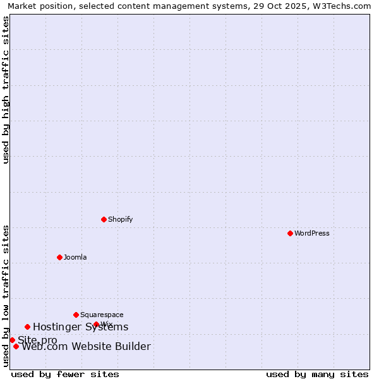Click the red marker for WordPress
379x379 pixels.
[x=290, y=233]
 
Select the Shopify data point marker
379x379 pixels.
[x=104, y=219]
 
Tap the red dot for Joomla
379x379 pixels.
[x=59, y=257]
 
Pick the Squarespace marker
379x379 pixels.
[x=76, y=315]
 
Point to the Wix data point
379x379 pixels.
[x=96, y=324]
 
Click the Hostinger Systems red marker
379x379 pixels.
[x=27, y=327]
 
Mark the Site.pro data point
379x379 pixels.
[x=12, y=340]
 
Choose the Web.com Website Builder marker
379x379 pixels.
[x=16, y=346]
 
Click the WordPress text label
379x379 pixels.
[x=312, y=233]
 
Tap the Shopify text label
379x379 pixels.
[x=120, y=219]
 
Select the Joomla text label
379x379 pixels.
[x=75, y=257]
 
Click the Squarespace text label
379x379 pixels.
[x=102, y=315]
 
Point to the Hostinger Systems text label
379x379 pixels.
[x=80, y=327]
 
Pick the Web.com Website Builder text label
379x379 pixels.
[x=86, y=346]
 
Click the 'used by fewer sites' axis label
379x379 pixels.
[x=65, y=374]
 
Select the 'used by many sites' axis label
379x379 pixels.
[x=317, y=374]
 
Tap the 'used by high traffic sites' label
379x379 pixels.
[x=6, y=90]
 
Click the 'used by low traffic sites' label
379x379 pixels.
[x=6, y=296]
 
